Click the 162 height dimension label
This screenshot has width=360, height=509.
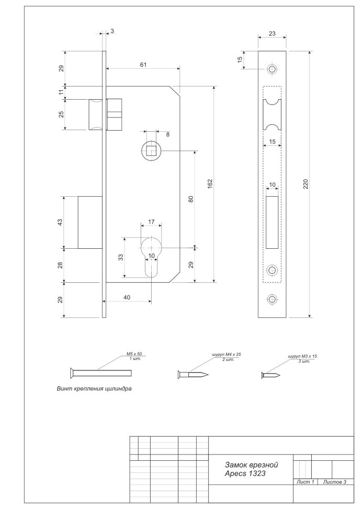point(210,184)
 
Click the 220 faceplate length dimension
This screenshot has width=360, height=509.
point(306,184)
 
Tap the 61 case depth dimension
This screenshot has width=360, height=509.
point(143,65)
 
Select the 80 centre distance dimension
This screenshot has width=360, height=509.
point(191,199)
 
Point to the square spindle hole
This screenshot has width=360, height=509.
point(151,151)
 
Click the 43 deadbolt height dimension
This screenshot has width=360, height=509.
point(60,222)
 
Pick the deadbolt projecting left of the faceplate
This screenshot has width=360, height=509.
point(90,222)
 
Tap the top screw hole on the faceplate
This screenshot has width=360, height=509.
point(272,69)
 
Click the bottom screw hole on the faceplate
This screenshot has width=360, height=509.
point(272,299)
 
